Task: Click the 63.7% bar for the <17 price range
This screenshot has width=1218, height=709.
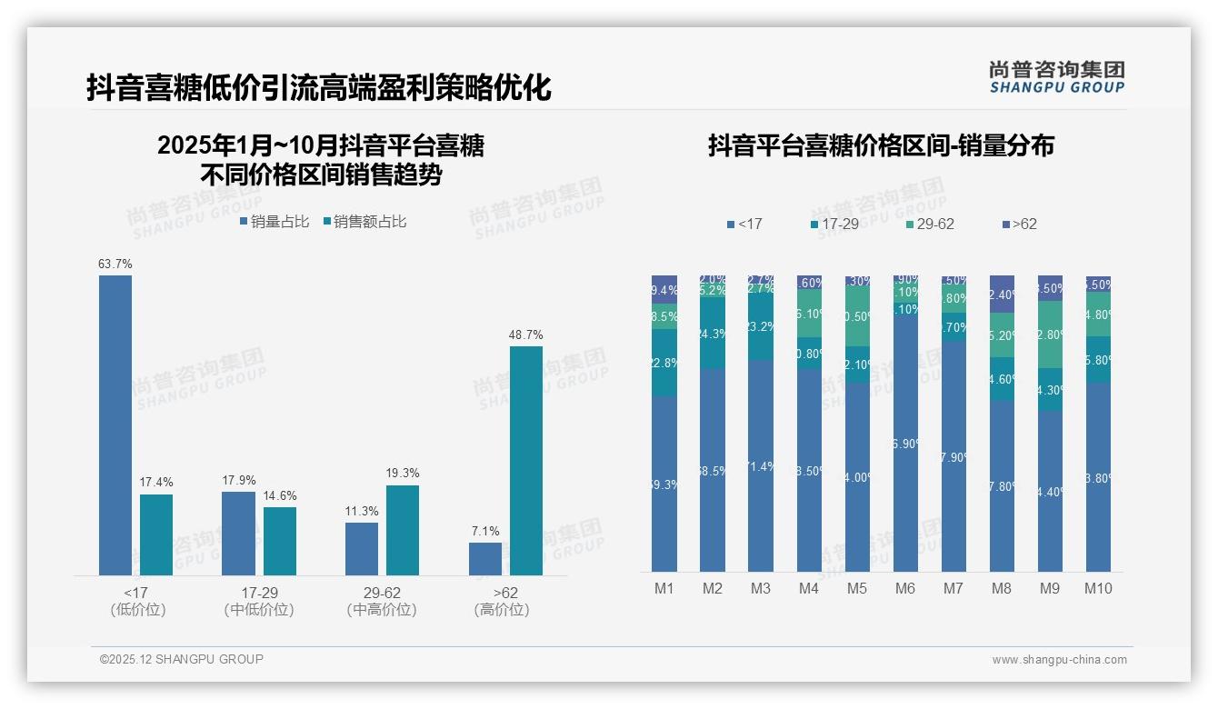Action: [x=115, y=424]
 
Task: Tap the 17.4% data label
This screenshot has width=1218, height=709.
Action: [x=156, y=482]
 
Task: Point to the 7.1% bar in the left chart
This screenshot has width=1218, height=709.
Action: [x=485, y=558]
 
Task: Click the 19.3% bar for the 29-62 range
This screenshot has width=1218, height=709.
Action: [x=403, y=530]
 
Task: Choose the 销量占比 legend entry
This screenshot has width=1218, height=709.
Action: [x=275, y=222]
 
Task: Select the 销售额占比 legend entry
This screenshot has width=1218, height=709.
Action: [x=364, y=222]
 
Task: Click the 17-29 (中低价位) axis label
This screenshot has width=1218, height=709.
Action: [x=259, y=601]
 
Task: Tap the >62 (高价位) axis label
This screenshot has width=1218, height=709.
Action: [x=501, y=601]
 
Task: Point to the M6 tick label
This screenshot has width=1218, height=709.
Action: [x=904, y=588]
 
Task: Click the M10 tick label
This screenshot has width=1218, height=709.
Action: [x=1098, y=588]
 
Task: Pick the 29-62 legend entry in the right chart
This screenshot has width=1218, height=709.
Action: [x=929, y=224]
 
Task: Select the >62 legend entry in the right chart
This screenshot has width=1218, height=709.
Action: [x=1019, y=224]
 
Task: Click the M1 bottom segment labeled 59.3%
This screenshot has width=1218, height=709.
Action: [x=664, y=484]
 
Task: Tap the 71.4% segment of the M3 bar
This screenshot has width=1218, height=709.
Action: [x=761, y=465]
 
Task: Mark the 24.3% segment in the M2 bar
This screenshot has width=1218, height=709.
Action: [x=713, y=334]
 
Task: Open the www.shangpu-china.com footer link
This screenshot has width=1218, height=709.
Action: [x=1059, y=660]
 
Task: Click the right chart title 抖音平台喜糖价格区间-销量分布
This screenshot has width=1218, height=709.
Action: [x=881, y=145]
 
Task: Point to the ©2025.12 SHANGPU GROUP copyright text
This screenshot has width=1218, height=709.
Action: [x=182, y=660]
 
